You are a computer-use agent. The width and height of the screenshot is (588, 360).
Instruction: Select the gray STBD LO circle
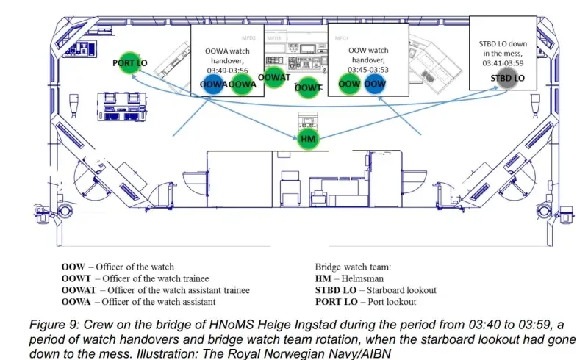pyautogui.click(x=507, y=78)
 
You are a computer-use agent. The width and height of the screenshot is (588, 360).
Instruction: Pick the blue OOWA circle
pyautogui.click(x=214, y=84)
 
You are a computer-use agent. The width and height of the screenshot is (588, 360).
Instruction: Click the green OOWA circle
pyautogui.click(x=242, y=84)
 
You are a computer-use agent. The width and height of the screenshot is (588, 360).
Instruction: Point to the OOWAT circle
pyautogui.click(x=274, y=77)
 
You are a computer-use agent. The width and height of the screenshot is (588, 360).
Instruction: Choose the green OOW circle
pyautogui.click(x=349, y=84)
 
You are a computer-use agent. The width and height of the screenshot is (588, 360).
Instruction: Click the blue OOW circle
pyautogui.click(x=375, y=84)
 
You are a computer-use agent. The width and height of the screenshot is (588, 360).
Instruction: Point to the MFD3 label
pyautogui.click(x=273, y=37)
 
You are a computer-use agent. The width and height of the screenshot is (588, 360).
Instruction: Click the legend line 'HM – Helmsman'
pyautogui.click(x=345, y=278)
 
